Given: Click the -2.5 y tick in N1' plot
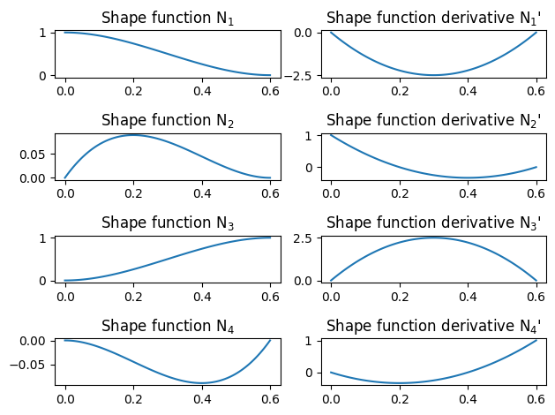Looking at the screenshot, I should point(300,76).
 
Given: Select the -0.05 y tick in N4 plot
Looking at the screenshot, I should point(26,364).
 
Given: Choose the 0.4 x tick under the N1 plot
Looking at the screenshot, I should point(202,93).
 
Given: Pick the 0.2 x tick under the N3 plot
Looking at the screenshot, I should point(133,298).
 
